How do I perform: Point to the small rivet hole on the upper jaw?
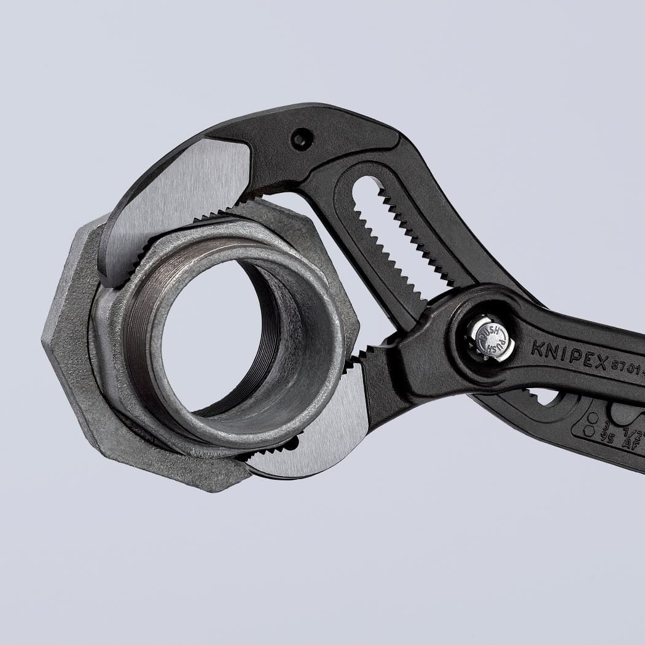point(300,139)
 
